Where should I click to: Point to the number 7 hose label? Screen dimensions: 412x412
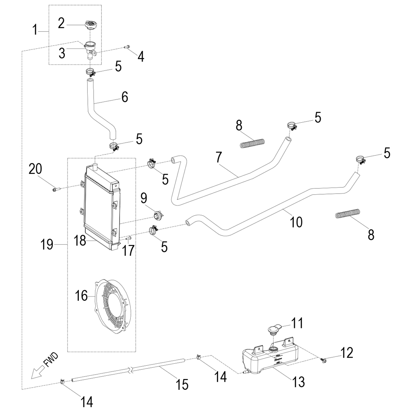(218, 157)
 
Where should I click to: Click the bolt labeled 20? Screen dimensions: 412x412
(55, 188)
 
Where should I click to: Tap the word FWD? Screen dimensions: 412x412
(51, 361)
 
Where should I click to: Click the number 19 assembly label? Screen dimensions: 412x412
(47, 244)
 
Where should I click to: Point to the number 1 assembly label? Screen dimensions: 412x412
(35, 29)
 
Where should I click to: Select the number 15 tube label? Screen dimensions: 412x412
(182, 385)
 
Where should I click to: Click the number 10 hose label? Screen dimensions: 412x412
(296, 222)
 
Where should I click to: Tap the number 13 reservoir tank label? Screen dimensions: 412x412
(299, 382)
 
